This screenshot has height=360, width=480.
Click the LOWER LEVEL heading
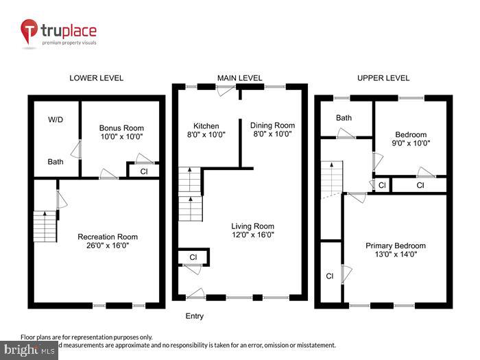[97, 78]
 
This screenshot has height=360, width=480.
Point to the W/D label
[56, 119]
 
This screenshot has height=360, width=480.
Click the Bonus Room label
[121, 128]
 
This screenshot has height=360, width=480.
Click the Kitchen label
[206, 126]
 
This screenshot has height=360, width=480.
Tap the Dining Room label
[272, 125]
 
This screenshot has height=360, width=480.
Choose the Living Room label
[253, 226]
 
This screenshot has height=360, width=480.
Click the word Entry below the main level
[194, 316]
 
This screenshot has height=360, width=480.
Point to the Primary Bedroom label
[395, 246]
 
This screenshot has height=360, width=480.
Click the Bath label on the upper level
[344, 118]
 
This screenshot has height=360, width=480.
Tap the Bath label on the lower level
[56, 163]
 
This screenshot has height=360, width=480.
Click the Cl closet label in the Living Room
[193, 258]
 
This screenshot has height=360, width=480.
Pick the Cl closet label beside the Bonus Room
[143, 171]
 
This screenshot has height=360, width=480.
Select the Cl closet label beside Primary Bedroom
[330, 276]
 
